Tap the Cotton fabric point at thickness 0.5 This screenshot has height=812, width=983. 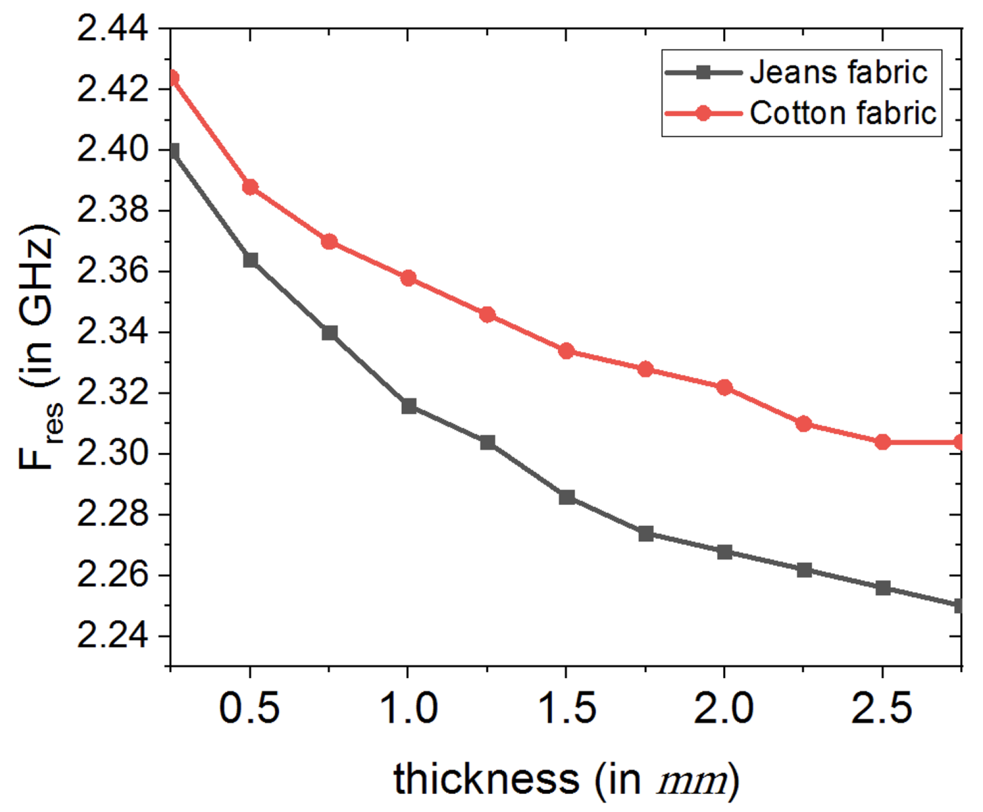point(250,187)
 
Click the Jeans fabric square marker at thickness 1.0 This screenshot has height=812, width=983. point(409,406)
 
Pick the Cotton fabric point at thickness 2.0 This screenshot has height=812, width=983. point(724,387)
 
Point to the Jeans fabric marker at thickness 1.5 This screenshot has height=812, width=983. point(567,497)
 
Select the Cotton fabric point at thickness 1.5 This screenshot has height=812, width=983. point(566,351)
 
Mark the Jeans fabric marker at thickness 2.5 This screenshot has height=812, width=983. point(883,588)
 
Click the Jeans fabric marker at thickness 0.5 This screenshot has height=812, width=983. point(250,260)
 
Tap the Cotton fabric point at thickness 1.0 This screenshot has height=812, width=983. point(408,278)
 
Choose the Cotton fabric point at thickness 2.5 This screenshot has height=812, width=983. point(883,442)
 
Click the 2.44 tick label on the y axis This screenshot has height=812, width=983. point(112,29)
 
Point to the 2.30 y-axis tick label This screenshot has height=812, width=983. point(112,453)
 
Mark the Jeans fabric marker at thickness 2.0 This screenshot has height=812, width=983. point(724,552)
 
